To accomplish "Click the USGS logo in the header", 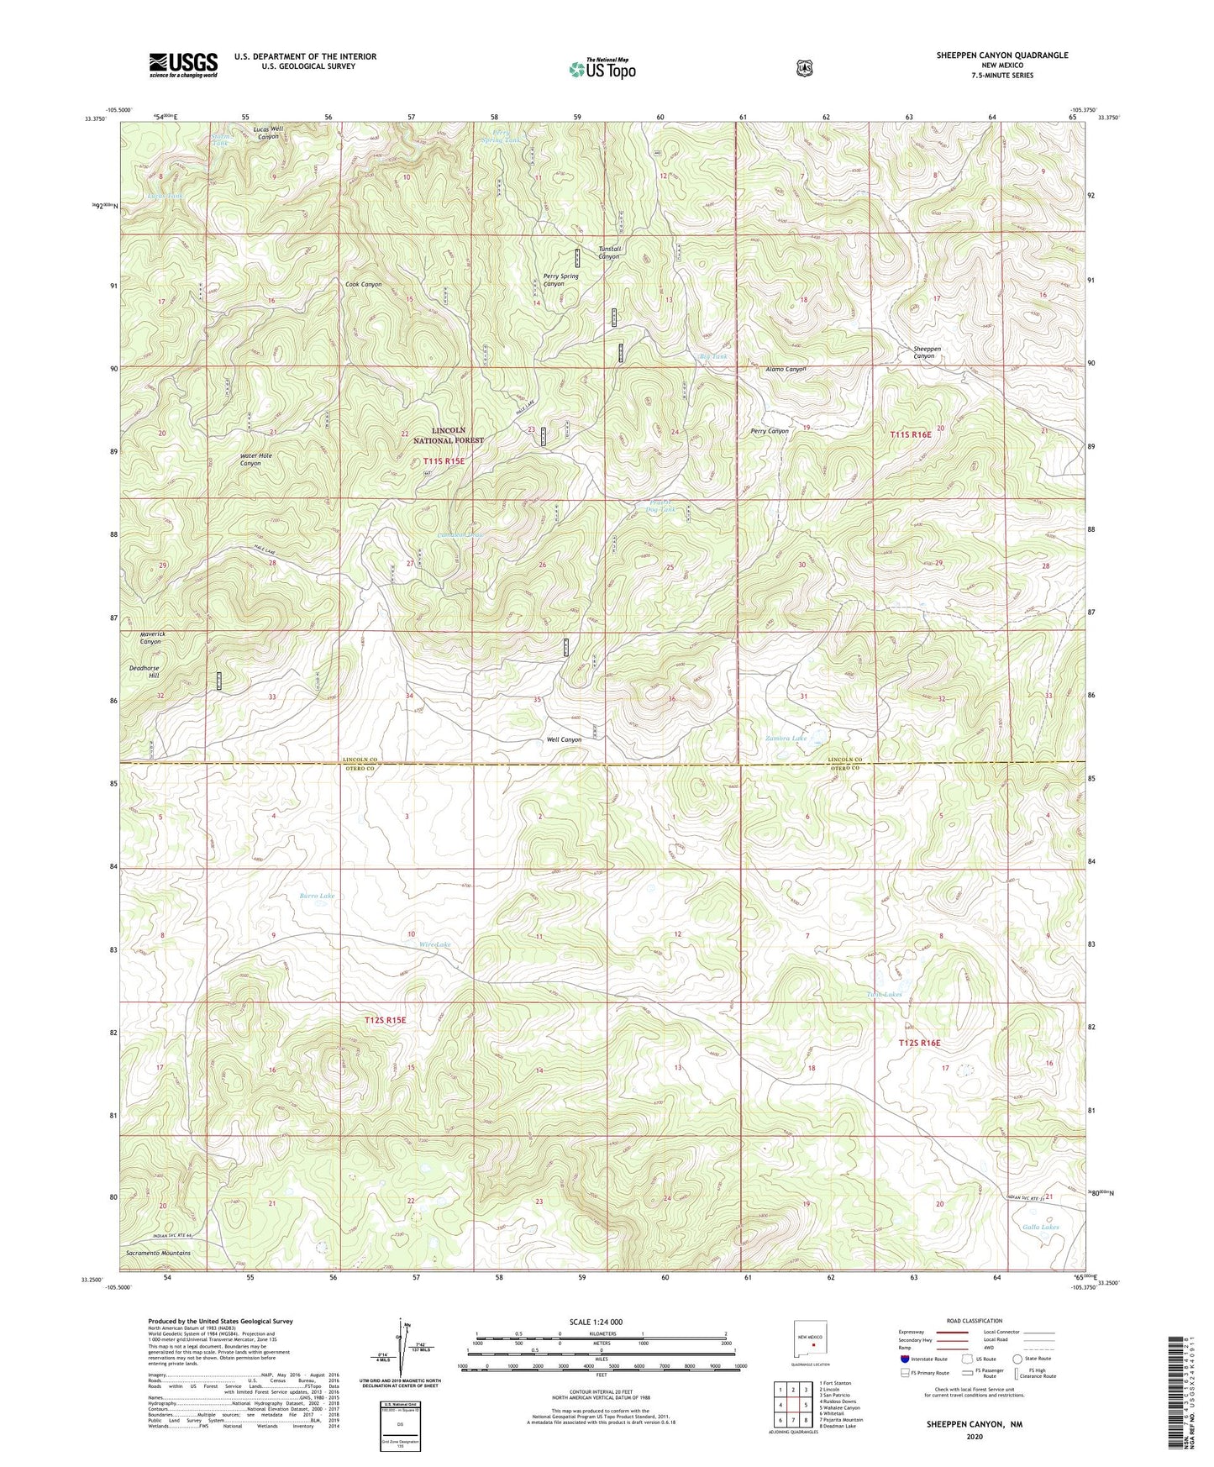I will pos(183,65).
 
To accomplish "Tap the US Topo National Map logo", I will pos(601,69).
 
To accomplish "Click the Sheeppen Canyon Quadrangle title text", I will pos(1002,55).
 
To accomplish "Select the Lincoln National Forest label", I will pos(449,435).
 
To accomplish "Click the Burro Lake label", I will pos(317,896).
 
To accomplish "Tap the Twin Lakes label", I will pos(884,995).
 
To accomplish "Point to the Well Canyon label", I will pos(564,740).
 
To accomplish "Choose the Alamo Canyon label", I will pos(786,369).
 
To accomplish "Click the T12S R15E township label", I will pos(385,1020).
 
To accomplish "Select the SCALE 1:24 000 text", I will pos(596,1322).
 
